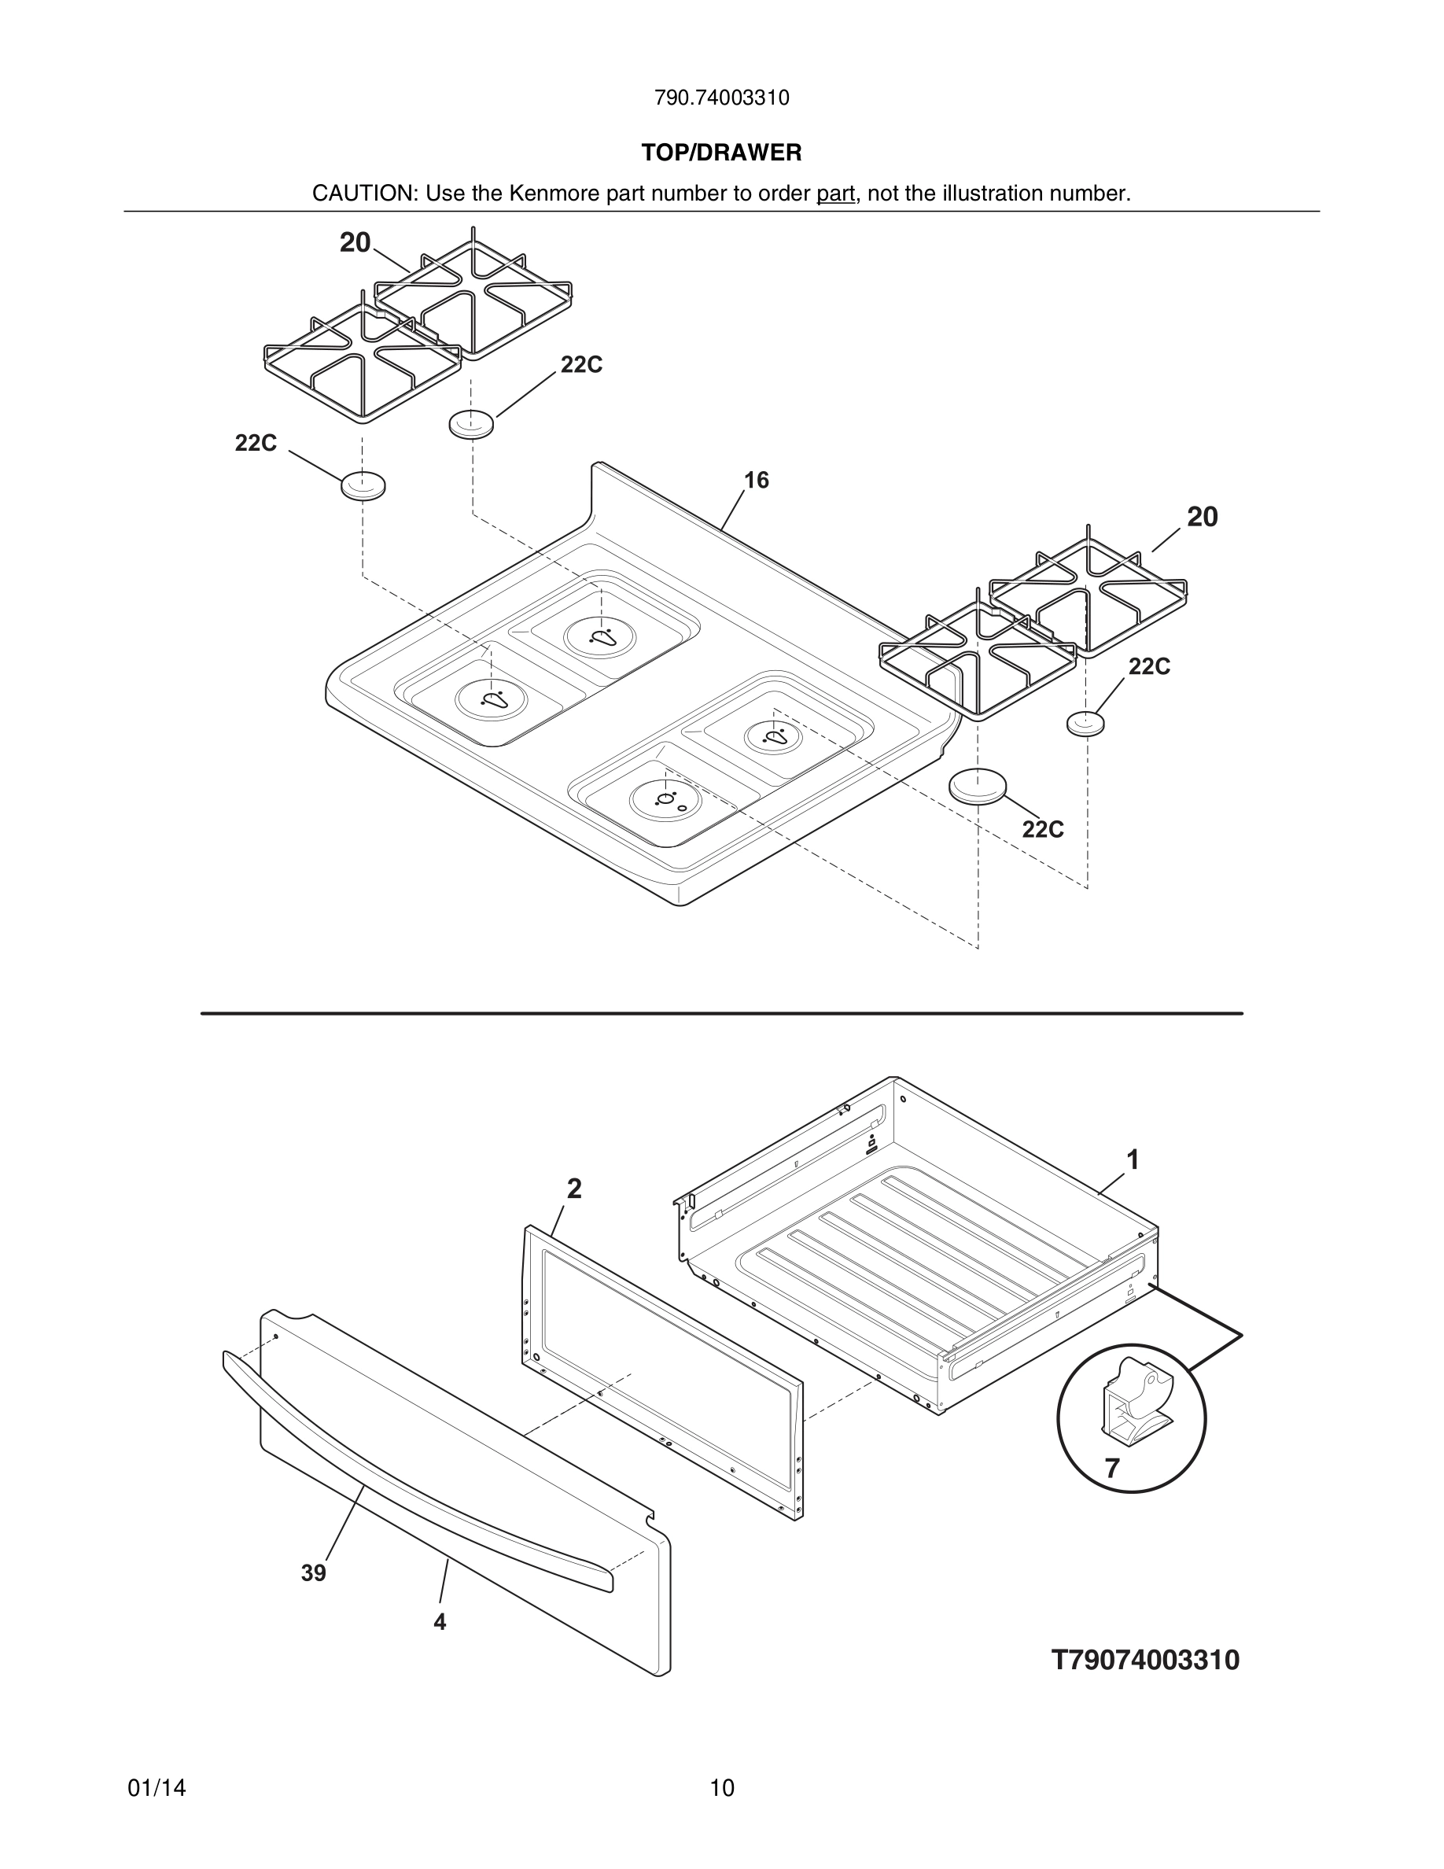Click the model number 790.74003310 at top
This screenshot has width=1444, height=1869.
(721, 98)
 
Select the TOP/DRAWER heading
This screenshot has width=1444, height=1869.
(721, 153)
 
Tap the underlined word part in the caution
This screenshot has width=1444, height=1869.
(835, 194)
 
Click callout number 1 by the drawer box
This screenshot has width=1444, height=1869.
(1133, 1160)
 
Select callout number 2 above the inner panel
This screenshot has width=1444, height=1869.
(574, 1189)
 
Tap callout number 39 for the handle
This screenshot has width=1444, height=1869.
(313, 1573)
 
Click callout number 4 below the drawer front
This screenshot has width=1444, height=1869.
(440, 1622)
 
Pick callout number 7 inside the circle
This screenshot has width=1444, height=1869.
(1111, 1469)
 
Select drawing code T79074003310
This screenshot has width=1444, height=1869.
(1144, 1661)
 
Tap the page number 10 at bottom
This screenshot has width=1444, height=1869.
(721, 1789)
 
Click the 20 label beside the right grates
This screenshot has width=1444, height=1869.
(1202, 517)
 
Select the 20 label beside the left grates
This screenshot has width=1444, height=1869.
(355, 243)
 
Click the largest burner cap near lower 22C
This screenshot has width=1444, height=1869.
(977, 786)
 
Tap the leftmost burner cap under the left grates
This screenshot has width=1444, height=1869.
(363, 486)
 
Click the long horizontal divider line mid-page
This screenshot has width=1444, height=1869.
(721, 1013)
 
